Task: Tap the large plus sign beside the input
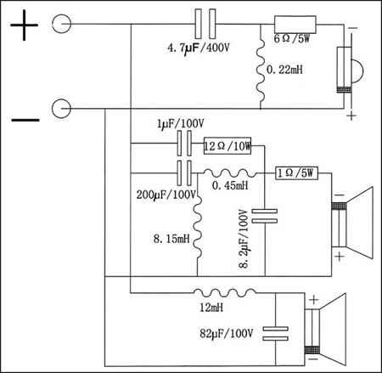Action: click(24, 25)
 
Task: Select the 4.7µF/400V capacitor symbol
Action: click(205, 24)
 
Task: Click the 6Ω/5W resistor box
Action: click(295, 25)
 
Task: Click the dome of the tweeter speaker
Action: click(357, 71)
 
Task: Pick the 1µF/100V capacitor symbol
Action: click(184, 143)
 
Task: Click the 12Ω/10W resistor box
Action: click(228, 145)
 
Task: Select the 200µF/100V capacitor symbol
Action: click(184, 173)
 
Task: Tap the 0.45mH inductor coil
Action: click(230, 172)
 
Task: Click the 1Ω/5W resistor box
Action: click(296, 173)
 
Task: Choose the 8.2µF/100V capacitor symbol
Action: click(265, 216)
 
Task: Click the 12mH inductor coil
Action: click(225, 292)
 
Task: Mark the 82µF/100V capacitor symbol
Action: click(276, 333)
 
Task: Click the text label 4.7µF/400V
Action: click(198, 48)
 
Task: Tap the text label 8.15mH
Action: click(171, 239)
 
